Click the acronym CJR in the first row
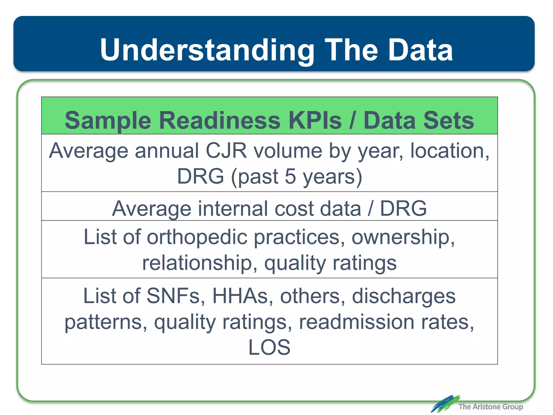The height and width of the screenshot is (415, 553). click(x=226, y=151)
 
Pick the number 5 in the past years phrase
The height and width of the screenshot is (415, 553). click(x=290, y=176)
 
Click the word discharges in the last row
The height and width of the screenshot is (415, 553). click(x=404, y=296)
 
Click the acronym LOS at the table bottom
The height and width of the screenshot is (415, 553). click(x=269, y=347)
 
